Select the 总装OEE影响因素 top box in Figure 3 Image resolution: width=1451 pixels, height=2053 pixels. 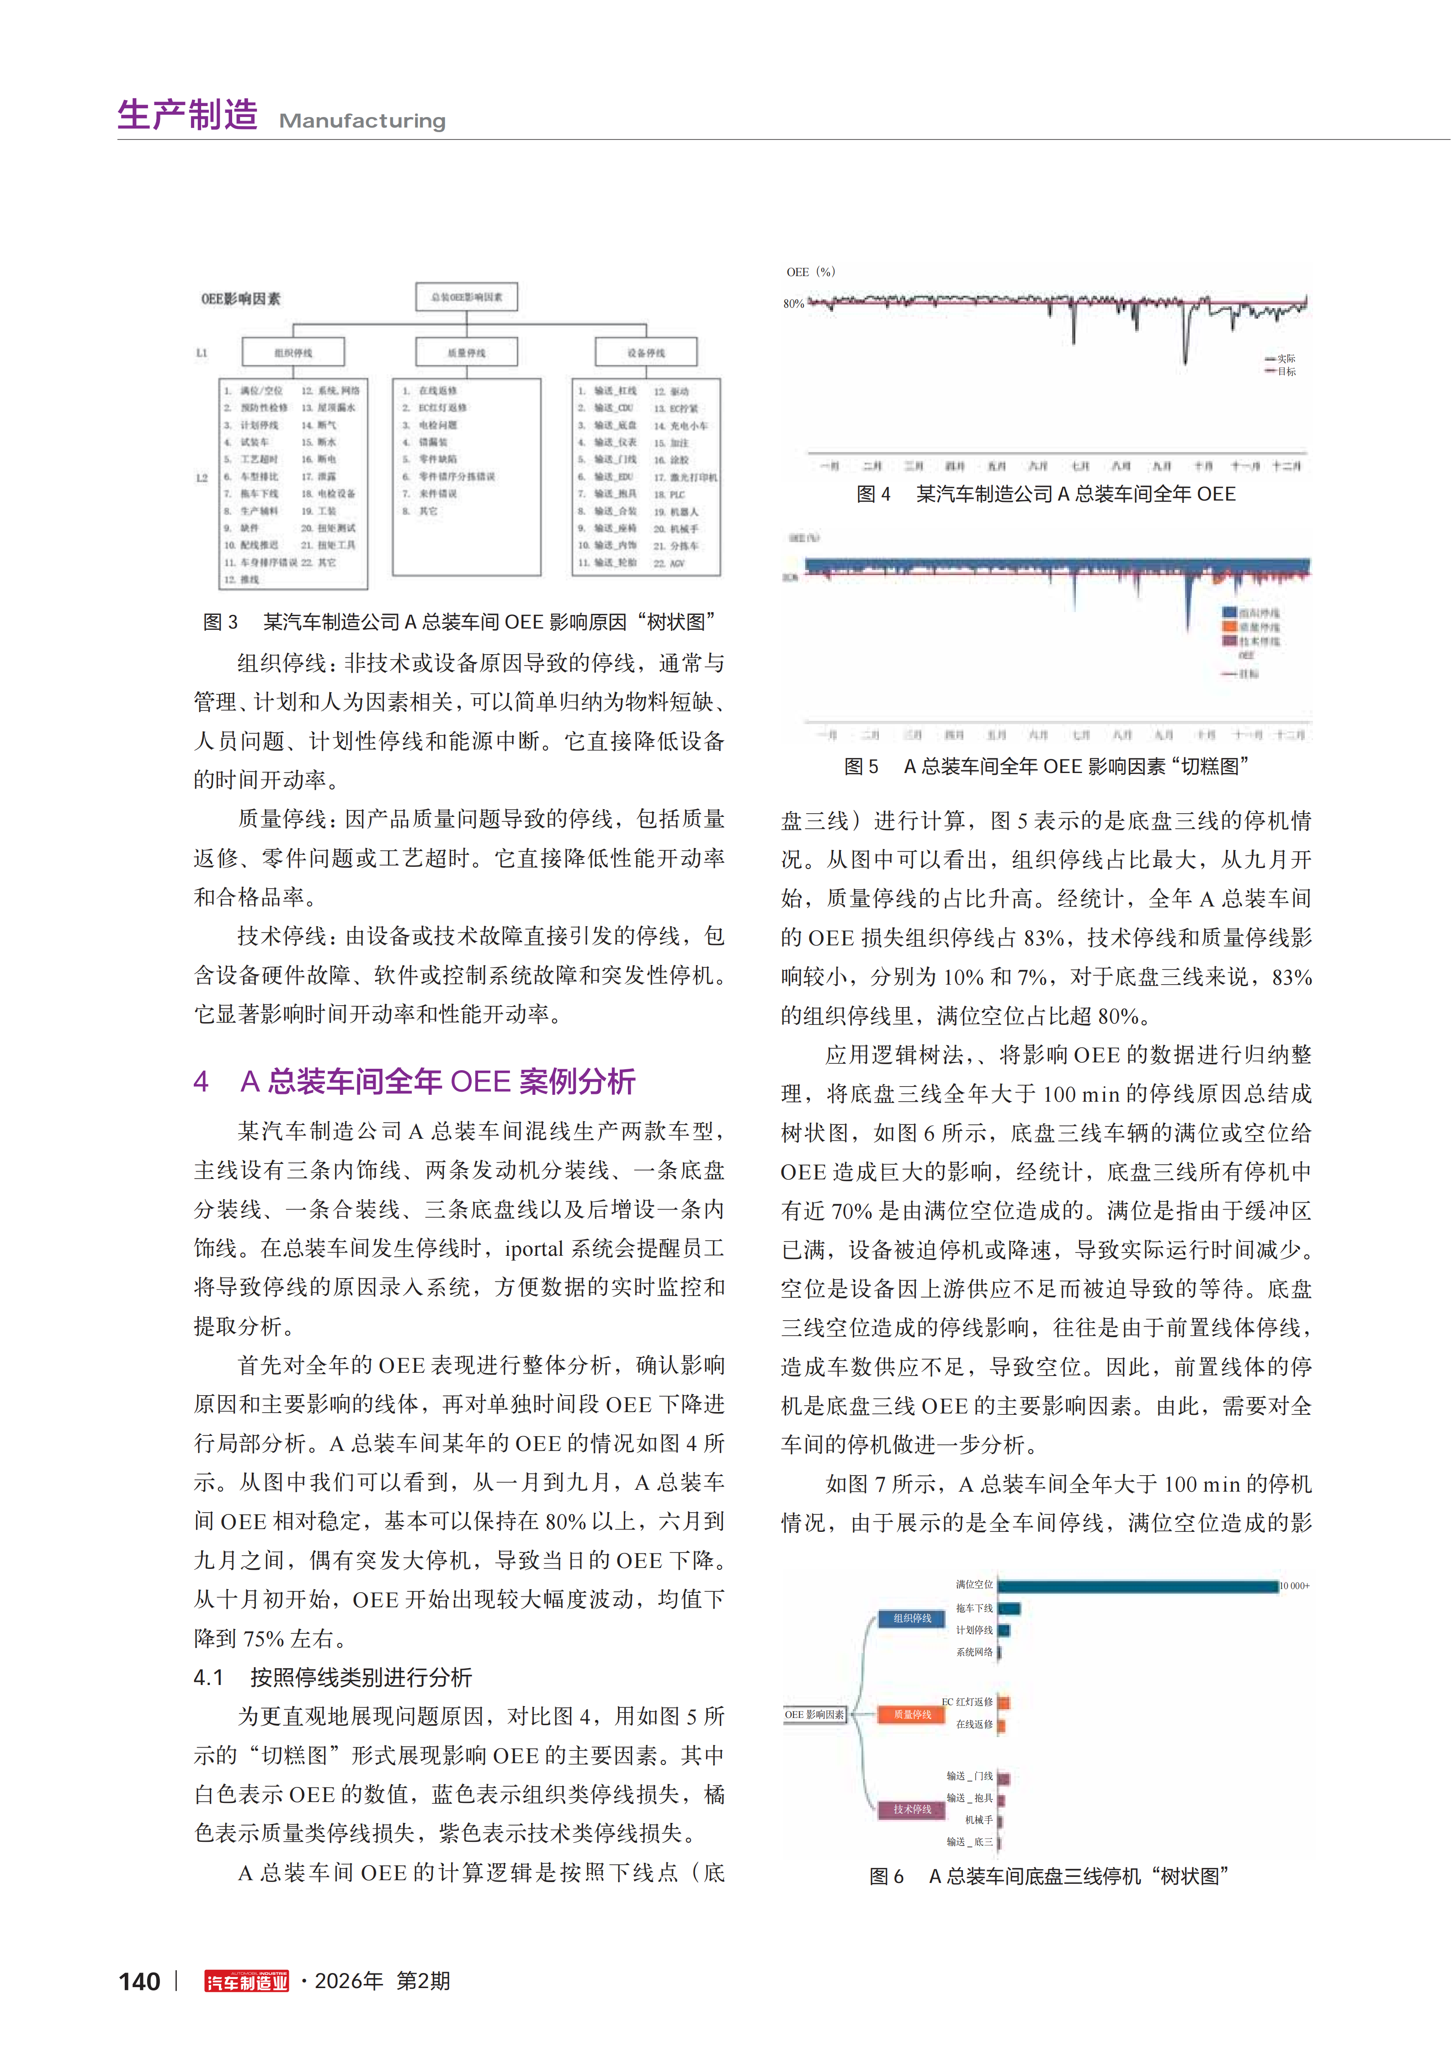[x=467, y=297]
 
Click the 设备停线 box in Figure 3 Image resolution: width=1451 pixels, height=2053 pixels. [x=645, y=352]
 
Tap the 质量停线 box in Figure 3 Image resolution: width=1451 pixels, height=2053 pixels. [x=467, y=352]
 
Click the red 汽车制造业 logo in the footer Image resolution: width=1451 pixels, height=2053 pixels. [x=247, y=1982]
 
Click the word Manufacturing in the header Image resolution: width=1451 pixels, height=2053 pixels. [x=362, y=121]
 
